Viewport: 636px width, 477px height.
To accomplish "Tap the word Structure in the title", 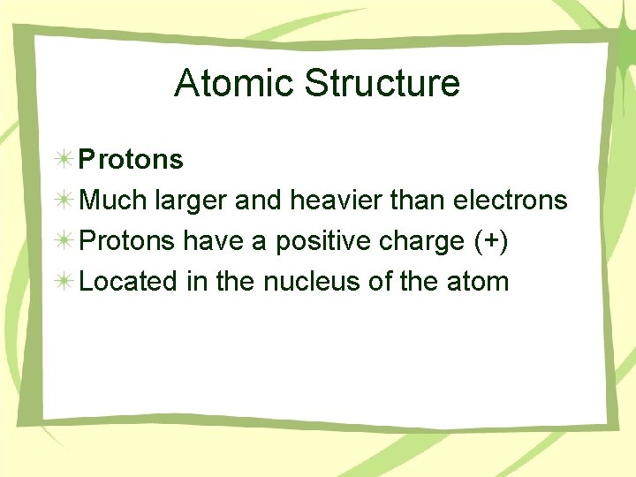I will (382, 83).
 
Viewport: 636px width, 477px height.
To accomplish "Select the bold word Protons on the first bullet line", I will (131, 160).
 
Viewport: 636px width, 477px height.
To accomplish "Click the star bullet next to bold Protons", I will (63, 160).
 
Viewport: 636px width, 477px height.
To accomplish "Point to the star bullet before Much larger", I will (63, 201).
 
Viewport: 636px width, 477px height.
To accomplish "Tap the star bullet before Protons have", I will (63, 241).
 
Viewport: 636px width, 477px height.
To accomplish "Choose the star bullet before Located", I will (63, 282).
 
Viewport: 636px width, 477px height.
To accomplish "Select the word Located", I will (130, 282).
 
